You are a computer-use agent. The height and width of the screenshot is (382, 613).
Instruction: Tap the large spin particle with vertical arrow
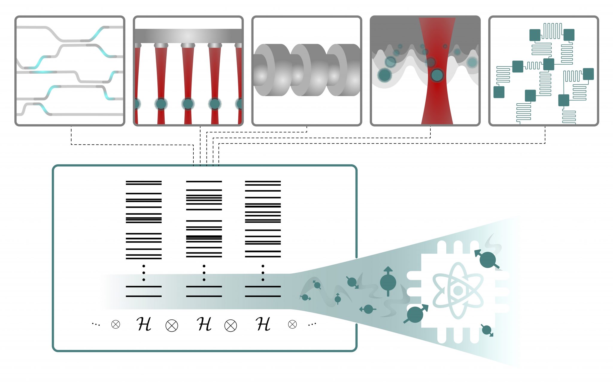click(388, 282)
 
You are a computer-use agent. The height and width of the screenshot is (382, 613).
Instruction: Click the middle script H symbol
click(204, 324)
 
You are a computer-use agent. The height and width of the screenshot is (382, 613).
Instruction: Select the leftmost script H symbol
click(144, 324)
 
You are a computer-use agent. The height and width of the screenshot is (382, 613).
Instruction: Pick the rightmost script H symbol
click(263, 324)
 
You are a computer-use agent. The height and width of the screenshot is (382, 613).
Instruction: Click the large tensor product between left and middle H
click(172, 326)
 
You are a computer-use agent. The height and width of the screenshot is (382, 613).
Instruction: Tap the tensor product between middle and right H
click(230, 326)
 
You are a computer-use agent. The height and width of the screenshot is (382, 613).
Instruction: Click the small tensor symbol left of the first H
click(116, 324)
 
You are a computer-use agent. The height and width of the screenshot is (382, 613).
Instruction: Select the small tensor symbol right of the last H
click(292, 324)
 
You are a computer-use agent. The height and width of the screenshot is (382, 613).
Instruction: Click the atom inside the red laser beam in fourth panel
click(437, 75)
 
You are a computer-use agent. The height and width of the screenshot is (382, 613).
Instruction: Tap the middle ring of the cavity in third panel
click(308, 69)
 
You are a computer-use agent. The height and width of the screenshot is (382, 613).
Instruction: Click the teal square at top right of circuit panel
click(569, 35)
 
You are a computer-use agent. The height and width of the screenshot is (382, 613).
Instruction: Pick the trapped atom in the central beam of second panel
click(188, 104)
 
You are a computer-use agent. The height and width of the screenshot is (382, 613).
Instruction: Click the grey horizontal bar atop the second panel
click(188, 36)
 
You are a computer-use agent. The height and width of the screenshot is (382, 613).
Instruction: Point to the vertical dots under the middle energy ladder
click(204, 273)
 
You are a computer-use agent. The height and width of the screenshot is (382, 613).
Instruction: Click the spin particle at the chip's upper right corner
click(487, 260)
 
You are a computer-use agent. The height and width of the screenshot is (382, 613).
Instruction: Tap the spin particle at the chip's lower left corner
click(415, 314)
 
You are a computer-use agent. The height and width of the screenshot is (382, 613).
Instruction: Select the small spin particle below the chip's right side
click(486, 330)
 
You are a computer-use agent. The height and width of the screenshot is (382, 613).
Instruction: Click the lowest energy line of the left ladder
click(144, 296)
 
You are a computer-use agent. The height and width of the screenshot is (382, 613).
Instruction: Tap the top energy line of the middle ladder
click(204, 181)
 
